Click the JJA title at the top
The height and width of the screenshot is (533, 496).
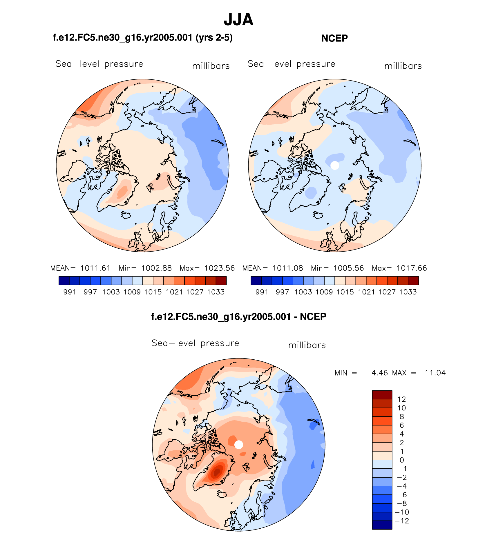click(238, 20)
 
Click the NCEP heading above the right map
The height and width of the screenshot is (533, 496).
click(334, 38)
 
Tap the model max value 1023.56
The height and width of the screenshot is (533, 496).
click(220, 268)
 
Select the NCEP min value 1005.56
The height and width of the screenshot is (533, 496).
click(349, 268)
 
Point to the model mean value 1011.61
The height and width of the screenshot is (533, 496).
click(95, 268)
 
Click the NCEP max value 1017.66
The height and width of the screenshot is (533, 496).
click(412, 268)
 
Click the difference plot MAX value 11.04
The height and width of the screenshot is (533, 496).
click(435, 373)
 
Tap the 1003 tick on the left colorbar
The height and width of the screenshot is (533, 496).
click(111, 292)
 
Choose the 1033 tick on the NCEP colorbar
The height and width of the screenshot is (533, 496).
click(408, 292)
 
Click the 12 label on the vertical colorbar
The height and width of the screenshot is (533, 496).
click(402, 399)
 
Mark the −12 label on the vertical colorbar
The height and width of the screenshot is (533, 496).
click(402, 521)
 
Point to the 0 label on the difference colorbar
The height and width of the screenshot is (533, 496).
click(402, 460)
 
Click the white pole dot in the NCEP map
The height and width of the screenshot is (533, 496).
click(335, 165)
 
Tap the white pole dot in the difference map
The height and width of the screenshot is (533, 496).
click(238, 445)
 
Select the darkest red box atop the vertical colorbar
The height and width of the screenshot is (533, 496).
click(382, 395)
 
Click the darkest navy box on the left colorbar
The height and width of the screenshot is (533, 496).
click(64, 281)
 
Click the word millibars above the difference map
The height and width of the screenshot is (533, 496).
click(307, 345)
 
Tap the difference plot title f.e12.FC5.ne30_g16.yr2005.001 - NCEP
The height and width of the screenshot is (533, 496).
click(238, 316)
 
